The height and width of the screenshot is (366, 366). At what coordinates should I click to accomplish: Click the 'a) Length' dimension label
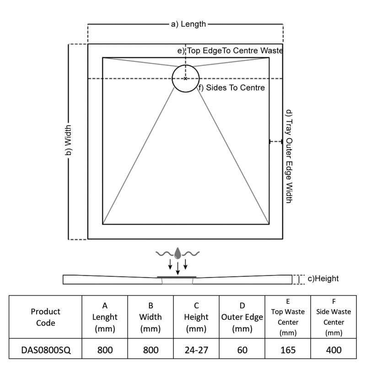coord(188,24)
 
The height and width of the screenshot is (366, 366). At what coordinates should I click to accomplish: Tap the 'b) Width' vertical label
coord(68,140)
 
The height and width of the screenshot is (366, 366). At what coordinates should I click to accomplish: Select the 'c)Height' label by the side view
coord(323,279)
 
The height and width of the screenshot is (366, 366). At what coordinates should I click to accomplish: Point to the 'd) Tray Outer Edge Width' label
coord(289,156)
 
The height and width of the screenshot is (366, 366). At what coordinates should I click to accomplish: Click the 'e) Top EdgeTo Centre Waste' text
coord(230,50)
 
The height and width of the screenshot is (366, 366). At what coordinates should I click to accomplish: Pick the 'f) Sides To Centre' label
coord(231,87)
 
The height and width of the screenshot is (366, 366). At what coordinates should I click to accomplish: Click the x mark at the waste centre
coord(185,79)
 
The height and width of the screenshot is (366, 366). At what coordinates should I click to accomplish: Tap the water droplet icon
coord(178,253)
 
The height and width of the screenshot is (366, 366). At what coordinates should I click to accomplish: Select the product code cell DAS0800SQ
coord(46,350)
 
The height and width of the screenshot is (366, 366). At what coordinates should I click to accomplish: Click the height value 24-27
coord(196,350)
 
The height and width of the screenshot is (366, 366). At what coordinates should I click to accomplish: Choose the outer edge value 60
coord(242,350)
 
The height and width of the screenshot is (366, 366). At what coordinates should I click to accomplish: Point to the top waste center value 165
coord(288,350)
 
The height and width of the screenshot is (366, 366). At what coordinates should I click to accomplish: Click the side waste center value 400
coord(334,350)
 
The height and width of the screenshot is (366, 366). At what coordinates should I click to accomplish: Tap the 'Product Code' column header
coord(45,317)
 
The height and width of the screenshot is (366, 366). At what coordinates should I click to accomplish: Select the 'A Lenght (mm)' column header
coord(105,317)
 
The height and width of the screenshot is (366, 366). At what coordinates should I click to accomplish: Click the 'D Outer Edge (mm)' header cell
coord(242,317)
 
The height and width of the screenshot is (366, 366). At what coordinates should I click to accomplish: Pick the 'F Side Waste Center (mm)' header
coord(334,317)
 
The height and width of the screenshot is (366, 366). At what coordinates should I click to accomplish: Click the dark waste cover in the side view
coord(177,277)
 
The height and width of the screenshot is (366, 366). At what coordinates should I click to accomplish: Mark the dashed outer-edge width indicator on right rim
coord(276,141)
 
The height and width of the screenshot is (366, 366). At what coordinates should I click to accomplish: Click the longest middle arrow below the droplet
coord(178,268)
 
